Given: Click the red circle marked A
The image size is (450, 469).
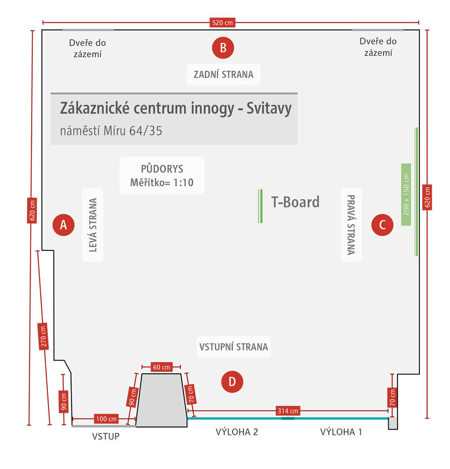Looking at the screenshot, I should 63,225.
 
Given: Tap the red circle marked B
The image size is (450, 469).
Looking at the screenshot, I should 223,47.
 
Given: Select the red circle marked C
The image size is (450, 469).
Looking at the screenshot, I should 382,224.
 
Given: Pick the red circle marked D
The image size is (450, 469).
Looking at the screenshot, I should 232,381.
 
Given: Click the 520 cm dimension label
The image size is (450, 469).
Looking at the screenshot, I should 223,23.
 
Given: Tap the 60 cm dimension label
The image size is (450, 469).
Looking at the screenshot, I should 162,367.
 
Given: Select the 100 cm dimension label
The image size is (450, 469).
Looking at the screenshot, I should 104,418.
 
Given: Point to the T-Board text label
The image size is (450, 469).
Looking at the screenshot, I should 295,202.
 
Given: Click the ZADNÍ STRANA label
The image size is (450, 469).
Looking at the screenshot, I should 223,74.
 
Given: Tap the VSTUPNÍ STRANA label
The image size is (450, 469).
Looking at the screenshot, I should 234,347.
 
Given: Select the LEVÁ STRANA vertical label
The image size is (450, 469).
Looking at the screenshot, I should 92,225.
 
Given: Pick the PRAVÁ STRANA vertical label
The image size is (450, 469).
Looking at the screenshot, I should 351,224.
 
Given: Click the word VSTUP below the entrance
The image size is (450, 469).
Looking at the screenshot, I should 106,436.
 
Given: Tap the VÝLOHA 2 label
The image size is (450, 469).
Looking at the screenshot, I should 237,432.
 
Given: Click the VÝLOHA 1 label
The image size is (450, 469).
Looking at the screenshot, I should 341,432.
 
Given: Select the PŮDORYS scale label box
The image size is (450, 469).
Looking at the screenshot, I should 162,175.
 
